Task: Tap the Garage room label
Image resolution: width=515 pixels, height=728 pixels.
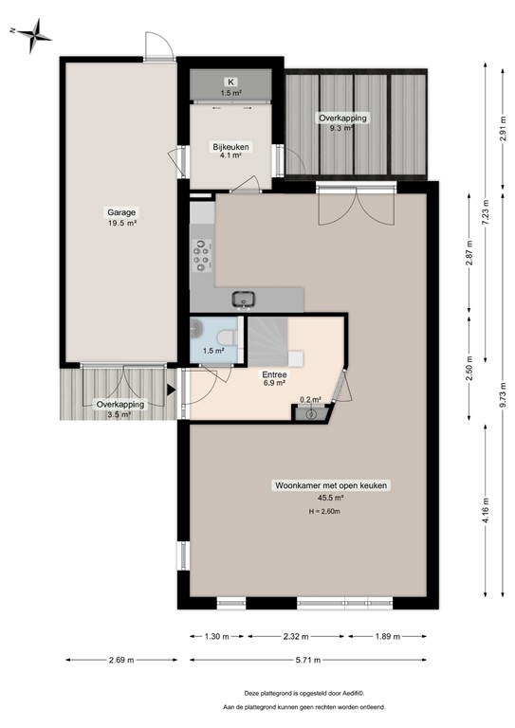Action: pyautogui.click(x=121, y=213)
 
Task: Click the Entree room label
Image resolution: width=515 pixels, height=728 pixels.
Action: pyautogui.click(x=274, y=373)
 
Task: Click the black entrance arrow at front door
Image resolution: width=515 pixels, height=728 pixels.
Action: pyautogui.click(x=171, y=389)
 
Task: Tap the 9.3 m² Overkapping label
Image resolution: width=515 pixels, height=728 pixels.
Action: pyautogui.click(x=342, y=122)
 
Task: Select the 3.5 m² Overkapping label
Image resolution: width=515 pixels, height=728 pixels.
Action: pyautogui.click(x=120, y=409)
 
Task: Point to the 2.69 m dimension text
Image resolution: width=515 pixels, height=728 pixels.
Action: pyautogui.click(x=120, y=660)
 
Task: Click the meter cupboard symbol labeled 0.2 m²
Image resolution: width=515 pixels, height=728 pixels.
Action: pyautogui.click(x=311, y=412)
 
